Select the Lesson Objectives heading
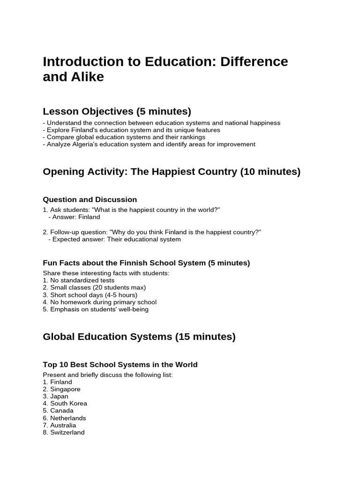[117, 111]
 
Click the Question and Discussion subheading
[90, 200]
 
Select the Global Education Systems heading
[139, 337]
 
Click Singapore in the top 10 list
[65, 389]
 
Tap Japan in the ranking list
[59, 396]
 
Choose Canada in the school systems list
[61, 411]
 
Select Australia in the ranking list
[63, 425]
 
